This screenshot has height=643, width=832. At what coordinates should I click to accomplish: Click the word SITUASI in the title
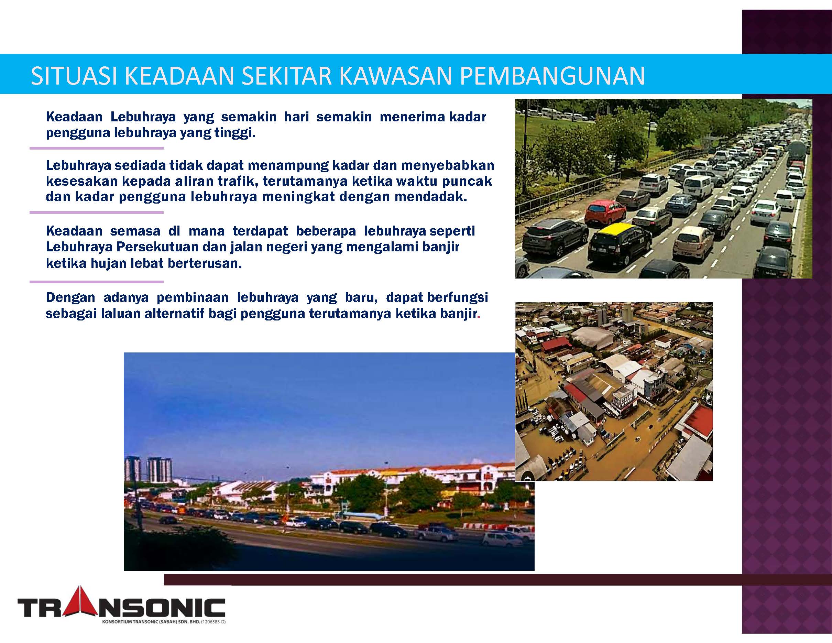coord(74,76)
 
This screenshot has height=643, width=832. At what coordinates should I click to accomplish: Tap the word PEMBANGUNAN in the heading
coord(552,76)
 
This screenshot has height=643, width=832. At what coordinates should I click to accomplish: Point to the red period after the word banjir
coord(479,317)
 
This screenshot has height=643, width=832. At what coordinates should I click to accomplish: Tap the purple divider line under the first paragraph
coord(97,148)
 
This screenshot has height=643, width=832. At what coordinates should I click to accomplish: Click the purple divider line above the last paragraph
coord(97,282)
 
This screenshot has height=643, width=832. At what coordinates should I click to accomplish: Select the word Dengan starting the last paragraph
coord(70,297)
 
